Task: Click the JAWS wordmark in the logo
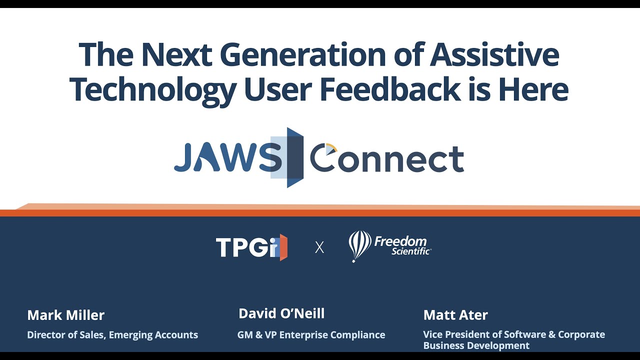tap(227, 159)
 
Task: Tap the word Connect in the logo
tap(387, 159)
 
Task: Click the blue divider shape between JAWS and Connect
tap(295, 157)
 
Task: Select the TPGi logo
tap(251, 247)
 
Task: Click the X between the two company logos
tap(319, 247)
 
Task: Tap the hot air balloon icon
tap(359, 245)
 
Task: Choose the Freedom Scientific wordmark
tap(402, 245)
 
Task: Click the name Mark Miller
tap(66, 315)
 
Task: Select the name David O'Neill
tap(281, 313)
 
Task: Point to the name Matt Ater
tap(455, 315)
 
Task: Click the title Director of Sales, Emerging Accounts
tap(112, 335)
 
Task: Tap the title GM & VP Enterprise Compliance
tap(311, 335)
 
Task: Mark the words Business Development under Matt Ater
tap(476, 345)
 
